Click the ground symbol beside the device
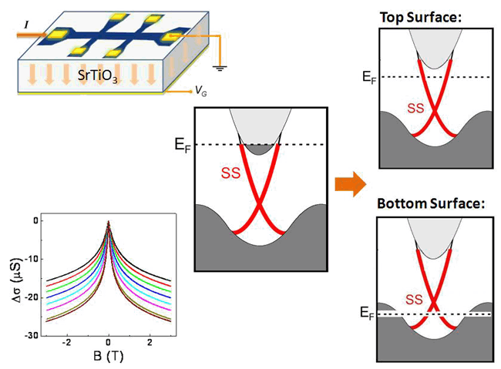click(222, 67)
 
